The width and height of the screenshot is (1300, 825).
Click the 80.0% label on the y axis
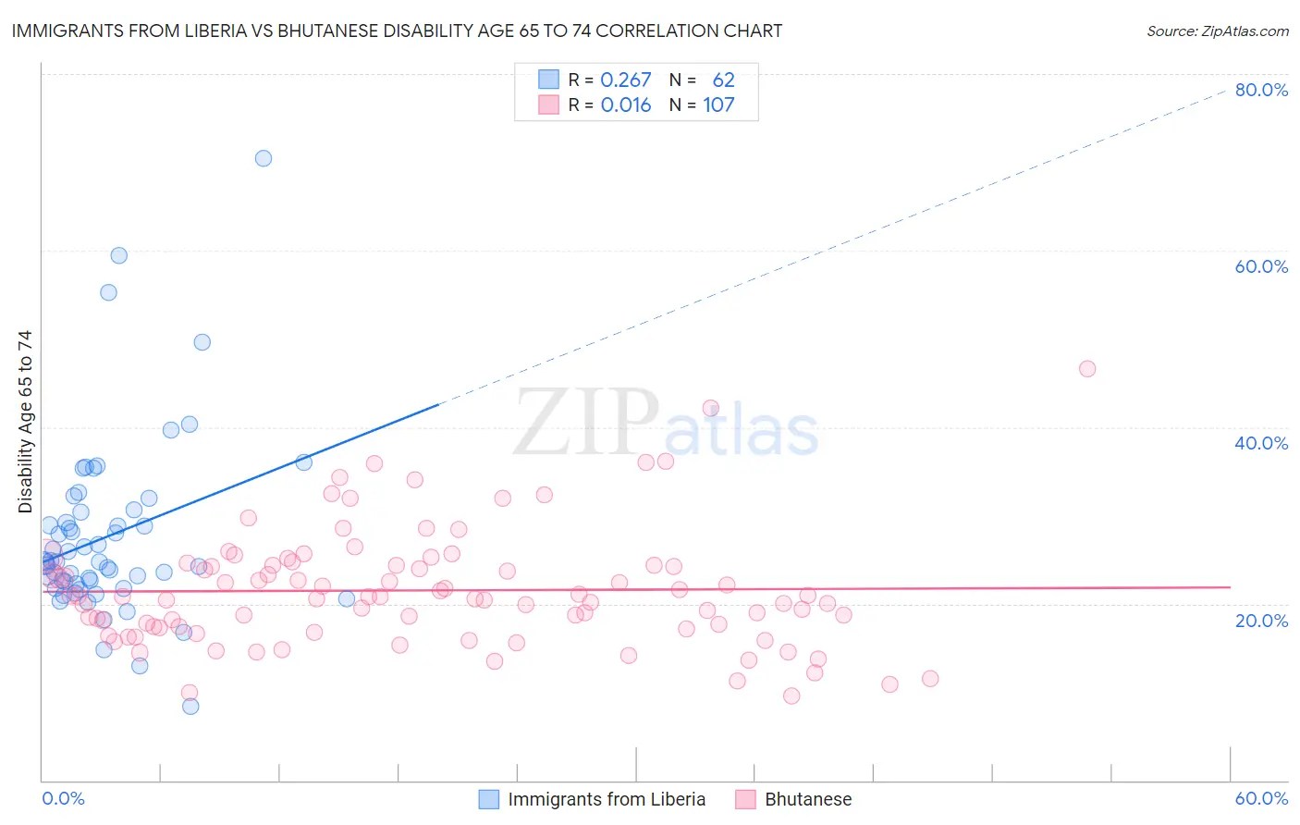tap(1261, 90)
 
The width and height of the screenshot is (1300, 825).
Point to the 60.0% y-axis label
tap(1261, 266)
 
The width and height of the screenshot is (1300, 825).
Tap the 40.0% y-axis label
tap(1261, 443)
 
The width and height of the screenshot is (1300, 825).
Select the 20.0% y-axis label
tap(1261, 620)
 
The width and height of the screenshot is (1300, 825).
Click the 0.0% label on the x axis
tap(63, 798)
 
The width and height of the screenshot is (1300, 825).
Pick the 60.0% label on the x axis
tap(1261, 798)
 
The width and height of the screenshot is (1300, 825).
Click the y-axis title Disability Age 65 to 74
tap(25, 422)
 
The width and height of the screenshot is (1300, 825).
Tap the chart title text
tap(397, 31)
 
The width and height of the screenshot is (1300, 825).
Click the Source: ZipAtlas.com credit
tap(1217, 31)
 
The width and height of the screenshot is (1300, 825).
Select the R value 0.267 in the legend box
tap(626, 80)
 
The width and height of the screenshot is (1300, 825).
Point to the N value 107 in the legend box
tap(718, 105)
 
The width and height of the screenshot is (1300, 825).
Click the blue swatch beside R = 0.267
tap(549, 80)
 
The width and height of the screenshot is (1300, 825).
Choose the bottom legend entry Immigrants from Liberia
tap(607, 799)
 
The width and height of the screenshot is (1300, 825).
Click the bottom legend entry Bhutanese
tap(808, 799)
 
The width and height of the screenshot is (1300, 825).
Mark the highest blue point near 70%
tap(264, 158)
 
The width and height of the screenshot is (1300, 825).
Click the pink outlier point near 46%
tap(1087, 369)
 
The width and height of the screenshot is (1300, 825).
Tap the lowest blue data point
tap(190, 707)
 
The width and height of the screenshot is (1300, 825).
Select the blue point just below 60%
tap(119, 255)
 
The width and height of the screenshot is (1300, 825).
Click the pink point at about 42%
tap(711, 408)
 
